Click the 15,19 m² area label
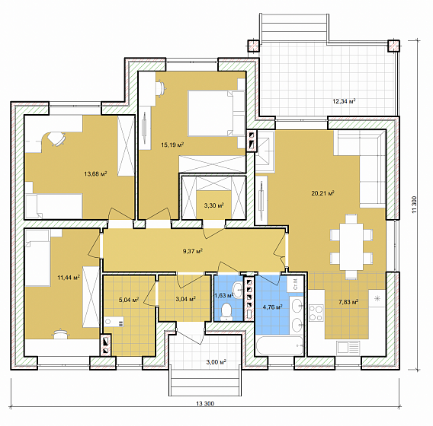(x=172, y=145)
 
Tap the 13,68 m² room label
(x=95, y=174)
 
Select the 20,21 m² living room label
(x=322, y=193)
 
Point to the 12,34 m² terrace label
(x=344, y=101)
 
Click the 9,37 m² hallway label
(x=193, y=251)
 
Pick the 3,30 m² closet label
(x=213, y=205)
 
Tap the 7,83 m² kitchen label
(x=348, y=302)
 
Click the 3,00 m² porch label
(x=216, y=362)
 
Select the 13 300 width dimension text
(x=205, y=404)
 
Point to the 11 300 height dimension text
(x=414, y=205)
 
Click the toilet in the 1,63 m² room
(x=227, y=312)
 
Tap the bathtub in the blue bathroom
(x=279, y=345)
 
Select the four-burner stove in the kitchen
(x=316, y=313)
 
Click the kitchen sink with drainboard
(x=348, y=347)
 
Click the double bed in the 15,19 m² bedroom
(x=216, y=113)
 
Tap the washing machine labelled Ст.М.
(x=295, y=284)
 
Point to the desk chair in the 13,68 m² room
(x=56, y=139)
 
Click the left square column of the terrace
(x=253, y=46)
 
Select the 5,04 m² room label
(x=129, y=300)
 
